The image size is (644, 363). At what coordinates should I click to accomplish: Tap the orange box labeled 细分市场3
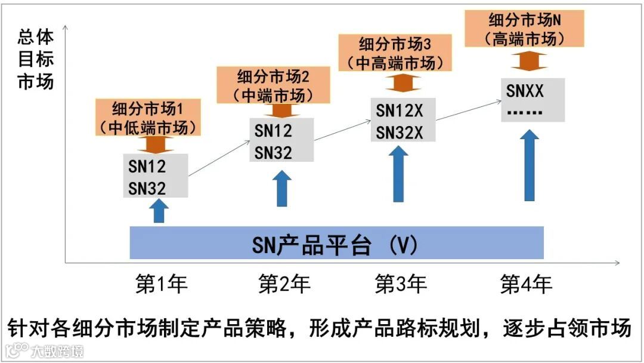click(394, 53)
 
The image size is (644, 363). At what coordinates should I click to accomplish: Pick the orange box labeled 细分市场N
click(524, 29)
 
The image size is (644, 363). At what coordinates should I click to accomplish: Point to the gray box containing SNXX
click(532, 100)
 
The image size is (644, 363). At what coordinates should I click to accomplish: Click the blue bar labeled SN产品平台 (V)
click(336, 243)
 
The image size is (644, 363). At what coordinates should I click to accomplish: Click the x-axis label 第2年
click(284, 284)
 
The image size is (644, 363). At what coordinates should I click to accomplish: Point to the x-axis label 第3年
click(401, 284)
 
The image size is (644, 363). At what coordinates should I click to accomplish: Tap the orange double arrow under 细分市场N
click(528, 61)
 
